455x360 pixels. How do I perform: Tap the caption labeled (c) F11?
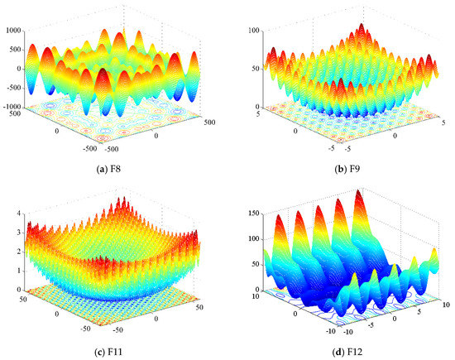[115, 349]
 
